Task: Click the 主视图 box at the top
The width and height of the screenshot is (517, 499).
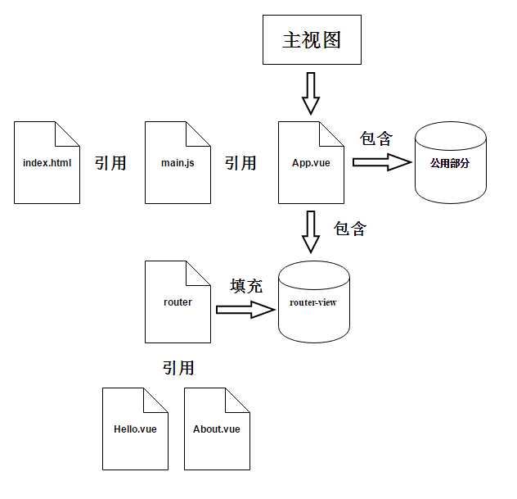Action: pos(312,40)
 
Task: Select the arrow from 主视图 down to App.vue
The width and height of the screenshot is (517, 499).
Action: pos(311,93)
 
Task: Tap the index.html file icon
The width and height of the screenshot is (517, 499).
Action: pos(47,162)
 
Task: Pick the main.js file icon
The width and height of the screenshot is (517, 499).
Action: pos(178,162)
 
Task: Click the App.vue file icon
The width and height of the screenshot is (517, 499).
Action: pos(311,162)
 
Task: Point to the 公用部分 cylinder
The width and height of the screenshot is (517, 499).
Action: pos(449,163)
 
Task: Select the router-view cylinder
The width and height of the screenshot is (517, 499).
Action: pos(313,302)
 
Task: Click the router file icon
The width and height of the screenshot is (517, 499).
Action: pos(178,302)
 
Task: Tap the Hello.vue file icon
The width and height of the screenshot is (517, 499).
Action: pos(135,429)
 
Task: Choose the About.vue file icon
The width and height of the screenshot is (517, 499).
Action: pos(217,429)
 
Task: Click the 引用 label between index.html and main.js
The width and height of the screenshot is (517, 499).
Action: pos(110,162)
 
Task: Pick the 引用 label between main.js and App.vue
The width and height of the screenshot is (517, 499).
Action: pos(241,163)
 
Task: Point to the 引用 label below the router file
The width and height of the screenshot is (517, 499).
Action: pos(178,368)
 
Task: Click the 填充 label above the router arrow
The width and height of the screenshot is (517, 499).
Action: pos(246,286)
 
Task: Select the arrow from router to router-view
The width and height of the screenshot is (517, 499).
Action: pos(245,310)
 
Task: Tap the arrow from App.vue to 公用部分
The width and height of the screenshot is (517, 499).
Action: pos(381,162)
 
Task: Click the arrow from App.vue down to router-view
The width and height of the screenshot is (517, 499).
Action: pos(311,232)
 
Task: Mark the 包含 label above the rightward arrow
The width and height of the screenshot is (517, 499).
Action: pos(376,138)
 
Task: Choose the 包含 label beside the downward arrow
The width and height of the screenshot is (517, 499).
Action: pos(350,229)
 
